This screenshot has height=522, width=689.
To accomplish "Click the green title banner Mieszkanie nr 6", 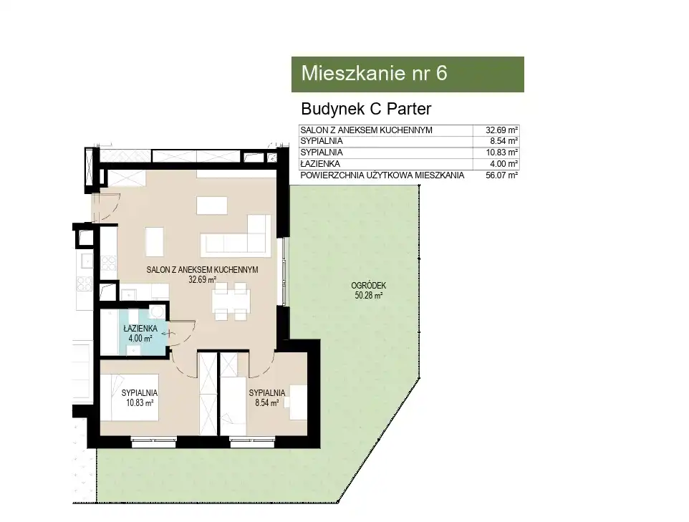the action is point(408,74).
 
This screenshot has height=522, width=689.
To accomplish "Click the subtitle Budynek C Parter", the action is point(366,109).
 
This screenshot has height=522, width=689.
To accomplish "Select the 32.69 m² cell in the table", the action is point(501,130).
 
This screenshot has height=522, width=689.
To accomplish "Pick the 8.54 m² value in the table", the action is point(504,141).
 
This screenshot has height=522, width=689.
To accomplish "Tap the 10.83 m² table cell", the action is point(501,153).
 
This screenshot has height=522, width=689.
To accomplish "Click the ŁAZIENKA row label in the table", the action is point(320,164).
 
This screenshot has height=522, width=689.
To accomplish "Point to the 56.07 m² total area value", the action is point(501,175).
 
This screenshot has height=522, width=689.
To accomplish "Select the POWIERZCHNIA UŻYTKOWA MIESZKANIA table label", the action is point(382,175).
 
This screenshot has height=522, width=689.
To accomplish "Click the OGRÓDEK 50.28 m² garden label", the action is point(369,291).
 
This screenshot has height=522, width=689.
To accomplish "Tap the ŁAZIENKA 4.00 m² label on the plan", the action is point(140,333).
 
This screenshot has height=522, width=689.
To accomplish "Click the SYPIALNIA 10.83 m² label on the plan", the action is point(139,397).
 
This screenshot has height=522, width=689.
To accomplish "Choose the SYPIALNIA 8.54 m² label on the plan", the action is point(266,397).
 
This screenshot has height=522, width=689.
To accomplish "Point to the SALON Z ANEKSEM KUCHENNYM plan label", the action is point(202,270).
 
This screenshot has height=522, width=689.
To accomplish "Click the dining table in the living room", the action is point(231,301).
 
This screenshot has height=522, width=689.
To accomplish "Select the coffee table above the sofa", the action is point(212,206).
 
